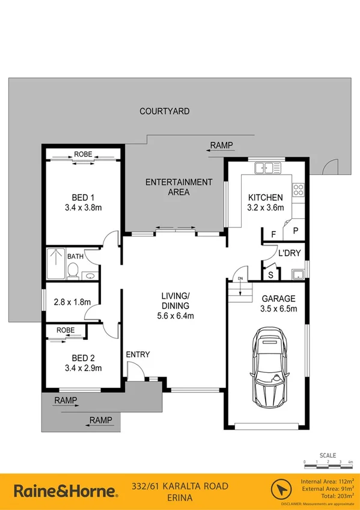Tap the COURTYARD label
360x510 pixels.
[x=164, y=111]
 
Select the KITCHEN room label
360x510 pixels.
[x=265, y=198]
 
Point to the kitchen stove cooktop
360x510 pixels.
[x=298, y=191]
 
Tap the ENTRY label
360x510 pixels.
[x=138, y=355]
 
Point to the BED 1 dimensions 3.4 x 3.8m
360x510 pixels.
[x=84, y=208]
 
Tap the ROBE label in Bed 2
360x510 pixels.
[x=66, y=330]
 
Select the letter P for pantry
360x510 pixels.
[x=295, y=231]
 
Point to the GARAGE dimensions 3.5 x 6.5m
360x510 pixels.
[x=277, y=309]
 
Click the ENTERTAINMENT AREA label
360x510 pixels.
[x=178, y=187]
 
